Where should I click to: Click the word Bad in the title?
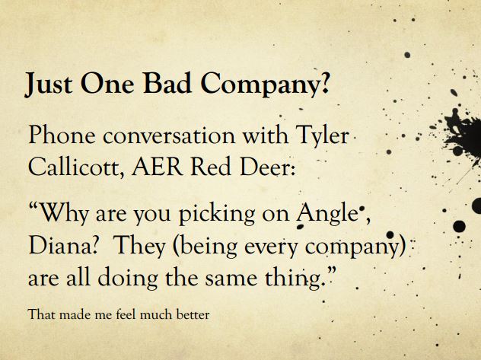click(167, 84)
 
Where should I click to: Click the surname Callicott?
click(76, 167)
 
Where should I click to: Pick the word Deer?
click(267, 167)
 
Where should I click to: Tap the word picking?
click(217, 215)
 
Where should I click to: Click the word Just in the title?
click(48, 84)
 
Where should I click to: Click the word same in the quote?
click(231, 280)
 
